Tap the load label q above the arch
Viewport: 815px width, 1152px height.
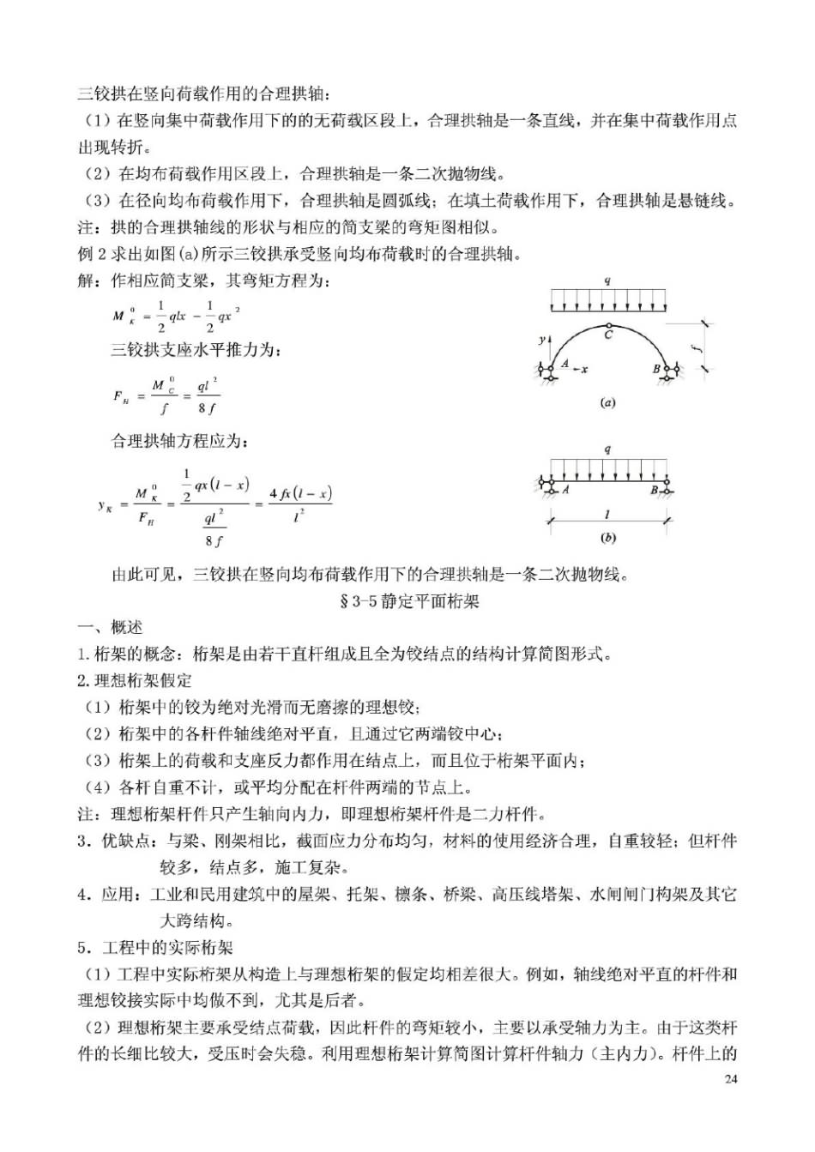607,280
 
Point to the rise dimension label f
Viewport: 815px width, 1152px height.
701,347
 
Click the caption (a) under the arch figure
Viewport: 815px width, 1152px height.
607,401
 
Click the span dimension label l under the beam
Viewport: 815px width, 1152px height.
607,515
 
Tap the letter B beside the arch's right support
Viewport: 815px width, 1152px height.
657,369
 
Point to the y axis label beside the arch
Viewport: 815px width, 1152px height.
541,341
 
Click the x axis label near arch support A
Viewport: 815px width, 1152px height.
583,369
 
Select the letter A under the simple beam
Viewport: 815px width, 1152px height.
565,490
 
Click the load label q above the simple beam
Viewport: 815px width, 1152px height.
607,449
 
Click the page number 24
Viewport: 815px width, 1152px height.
730,1078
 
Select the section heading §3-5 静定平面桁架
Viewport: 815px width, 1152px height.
410,600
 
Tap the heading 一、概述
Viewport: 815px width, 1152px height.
111,627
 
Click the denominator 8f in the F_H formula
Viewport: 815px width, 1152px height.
207,408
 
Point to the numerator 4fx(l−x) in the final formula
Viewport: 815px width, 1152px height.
299,493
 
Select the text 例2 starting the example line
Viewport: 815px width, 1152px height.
92,254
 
